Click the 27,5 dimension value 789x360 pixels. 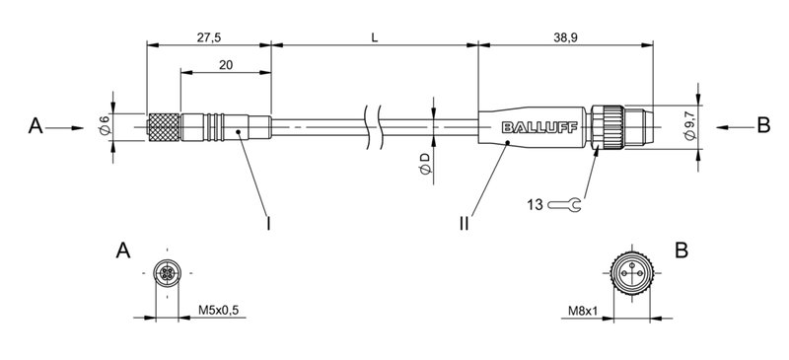click(x=207, y=36)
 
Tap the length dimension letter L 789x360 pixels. click(x=374, y=36)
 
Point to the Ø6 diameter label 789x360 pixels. click(x=104, y=125)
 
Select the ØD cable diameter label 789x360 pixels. click(x=424, y=165)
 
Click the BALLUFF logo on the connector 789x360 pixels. click(x=535, y=127)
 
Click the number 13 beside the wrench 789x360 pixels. click(x=536, y=205)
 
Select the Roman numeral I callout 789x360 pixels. click(x=269, y=223)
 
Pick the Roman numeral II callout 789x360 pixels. click(x=465, y=223)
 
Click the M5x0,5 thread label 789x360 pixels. click(x=218, y=311)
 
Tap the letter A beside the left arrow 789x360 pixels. click(x=36, y=126)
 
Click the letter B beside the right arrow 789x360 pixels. click(x=761, y=126)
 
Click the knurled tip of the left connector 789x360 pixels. click(x=165, y=126)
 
